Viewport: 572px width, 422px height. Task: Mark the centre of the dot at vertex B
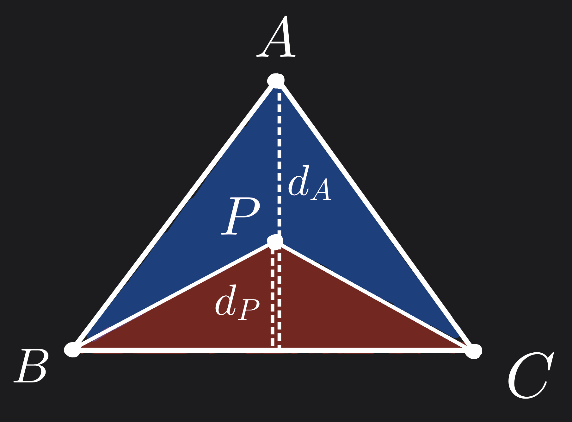click(x=72, y=350)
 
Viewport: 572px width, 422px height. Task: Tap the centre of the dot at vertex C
click(x=473, y=351)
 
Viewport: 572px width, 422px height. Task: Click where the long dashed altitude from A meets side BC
click(x=279, y=350)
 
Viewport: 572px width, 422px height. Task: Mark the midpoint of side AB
click(x=174, y=215)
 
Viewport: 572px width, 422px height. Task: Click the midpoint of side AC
click(x=375, y=216)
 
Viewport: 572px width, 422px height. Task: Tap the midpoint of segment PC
click(x=374, y=296)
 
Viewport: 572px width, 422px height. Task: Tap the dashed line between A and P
click(x=279, y=161)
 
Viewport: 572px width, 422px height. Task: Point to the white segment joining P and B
click(x=174, y=296)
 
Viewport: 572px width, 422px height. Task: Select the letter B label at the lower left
click(x=32, y=366)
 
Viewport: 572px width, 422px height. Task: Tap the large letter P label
click(x=240, y=216)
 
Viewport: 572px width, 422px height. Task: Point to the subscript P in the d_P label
click(x=249, y=309)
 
